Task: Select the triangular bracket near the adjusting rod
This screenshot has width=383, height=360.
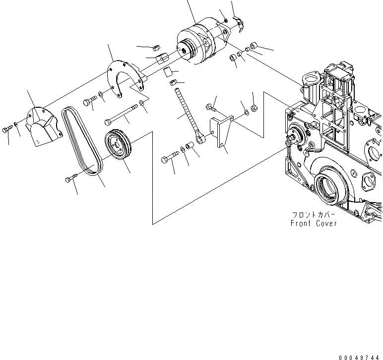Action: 221,132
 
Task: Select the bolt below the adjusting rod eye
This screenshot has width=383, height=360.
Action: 168,159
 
